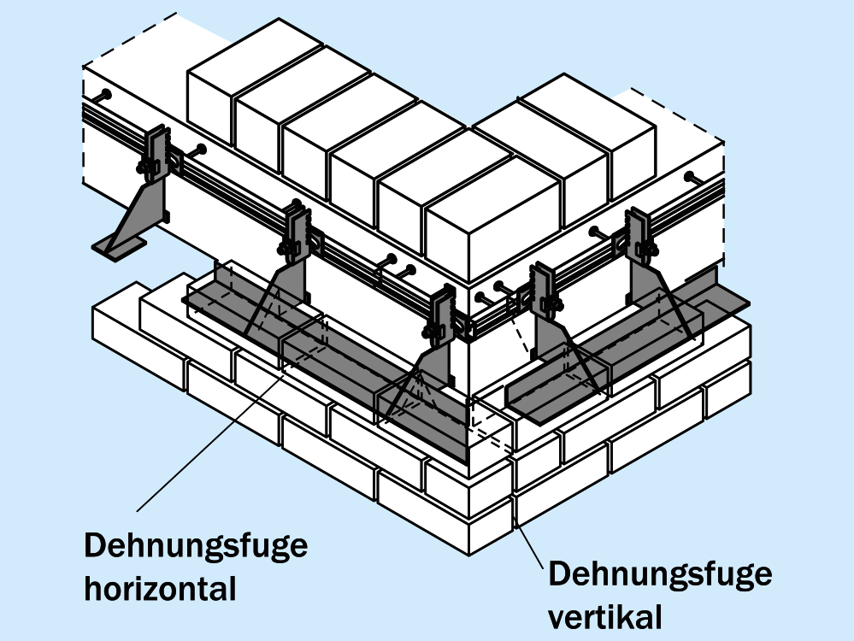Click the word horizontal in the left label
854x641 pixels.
160,588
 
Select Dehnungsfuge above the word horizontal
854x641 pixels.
196,545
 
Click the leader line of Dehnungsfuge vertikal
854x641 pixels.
529,539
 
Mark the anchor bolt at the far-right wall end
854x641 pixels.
692,179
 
